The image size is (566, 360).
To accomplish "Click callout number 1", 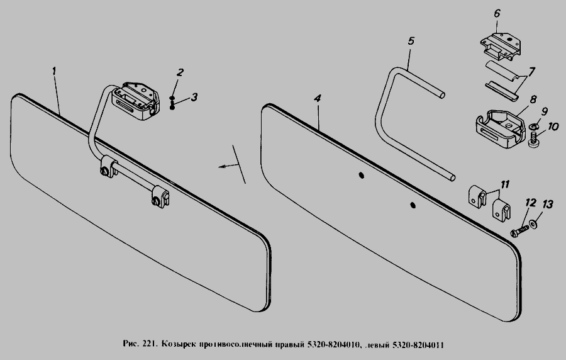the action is tap(54, 71).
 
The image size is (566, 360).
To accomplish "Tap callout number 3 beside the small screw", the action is tap(194, 97).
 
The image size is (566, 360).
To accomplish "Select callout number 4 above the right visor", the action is tap(318, 99).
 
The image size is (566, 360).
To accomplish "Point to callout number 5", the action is tap(411, 41).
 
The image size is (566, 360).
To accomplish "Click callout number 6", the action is tap(497, 14).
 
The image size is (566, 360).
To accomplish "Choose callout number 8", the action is tap(533, 99).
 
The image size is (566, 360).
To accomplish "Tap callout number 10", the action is tap(553, 127).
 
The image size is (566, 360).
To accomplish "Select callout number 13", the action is tap(548, 205).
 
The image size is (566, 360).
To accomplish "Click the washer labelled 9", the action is tap(533, 127).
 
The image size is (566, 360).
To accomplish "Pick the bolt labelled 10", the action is tap(533, 140).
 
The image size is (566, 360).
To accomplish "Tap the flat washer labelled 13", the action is tap(533, 225).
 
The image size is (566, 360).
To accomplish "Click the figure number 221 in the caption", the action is tap(150, 344).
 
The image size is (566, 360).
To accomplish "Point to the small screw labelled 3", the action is tap(172, 105).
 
